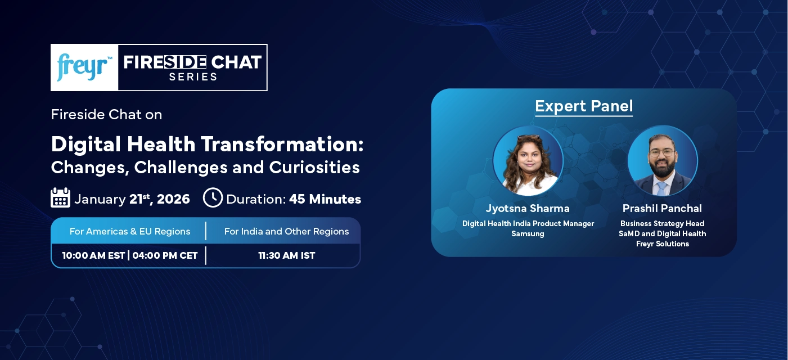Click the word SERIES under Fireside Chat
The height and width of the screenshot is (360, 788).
193,77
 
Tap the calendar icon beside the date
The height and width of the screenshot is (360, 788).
60,198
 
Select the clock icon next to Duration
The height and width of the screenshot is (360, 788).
213,198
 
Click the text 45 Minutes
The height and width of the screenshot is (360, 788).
325,199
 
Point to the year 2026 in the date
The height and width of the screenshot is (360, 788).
173,199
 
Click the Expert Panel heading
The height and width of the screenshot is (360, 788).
584,106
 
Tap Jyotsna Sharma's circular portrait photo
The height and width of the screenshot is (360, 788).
528,161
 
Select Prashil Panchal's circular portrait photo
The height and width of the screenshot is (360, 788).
662,161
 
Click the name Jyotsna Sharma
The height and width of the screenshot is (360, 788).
528,209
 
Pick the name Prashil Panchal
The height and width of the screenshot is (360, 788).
662,209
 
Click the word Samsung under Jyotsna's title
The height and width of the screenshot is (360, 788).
528,233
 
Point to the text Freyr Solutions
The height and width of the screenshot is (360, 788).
662,244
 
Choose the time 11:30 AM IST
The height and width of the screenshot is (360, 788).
286,255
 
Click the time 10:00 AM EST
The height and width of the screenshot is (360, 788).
93,255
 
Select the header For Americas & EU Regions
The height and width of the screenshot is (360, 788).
130,231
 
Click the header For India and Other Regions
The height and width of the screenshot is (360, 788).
286,231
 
